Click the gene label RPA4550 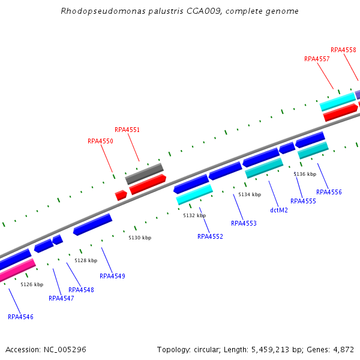pyautogui.click(x=100, y=142)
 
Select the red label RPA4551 pyautogui.click(x=127, y=130)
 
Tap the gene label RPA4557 pyautogui.click(x=317, y=59)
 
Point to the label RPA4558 pyautogui.click(x=343, y=50)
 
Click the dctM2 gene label pyautogui.click(x=279, y=210)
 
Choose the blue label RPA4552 pyautogui.click(x=210, y=236)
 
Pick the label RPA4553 pyautogui.click(x=244, y=223)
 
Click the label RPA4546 pyautogui.click(x=20, y=317)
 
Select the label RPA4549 pyautogui.click(x=112, y=276)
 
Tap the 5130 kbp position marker pyautogui.click(x=139, y=238)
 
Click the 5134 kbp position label pyautogui.click(x=250, y=194)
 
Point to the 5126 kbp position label pyautogui.click(x=32, y=284)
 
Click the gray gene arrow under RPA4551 pyautogui.click(x=144, y=173)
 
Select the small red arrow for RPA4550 pyautogui.click(x=121, y=195)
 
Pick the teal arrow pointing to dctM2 pyautogui.click(x=264, y=168)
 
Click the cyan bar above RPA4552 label pyautogui.click(x=194, y=194)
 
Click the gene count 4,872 pyautogui.click(x=343, y=349)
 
